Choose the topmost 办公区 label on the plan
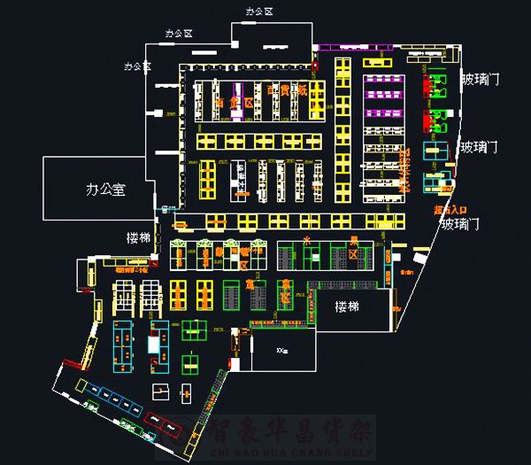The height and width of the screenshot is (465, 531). (260, 10)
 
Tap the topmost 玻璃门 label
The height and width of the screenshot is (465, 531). (481, 80)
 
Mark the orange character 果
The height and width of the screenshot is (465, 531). (352, 240)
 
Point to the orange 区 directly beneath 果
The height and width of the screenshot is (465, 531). (352, 254)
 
